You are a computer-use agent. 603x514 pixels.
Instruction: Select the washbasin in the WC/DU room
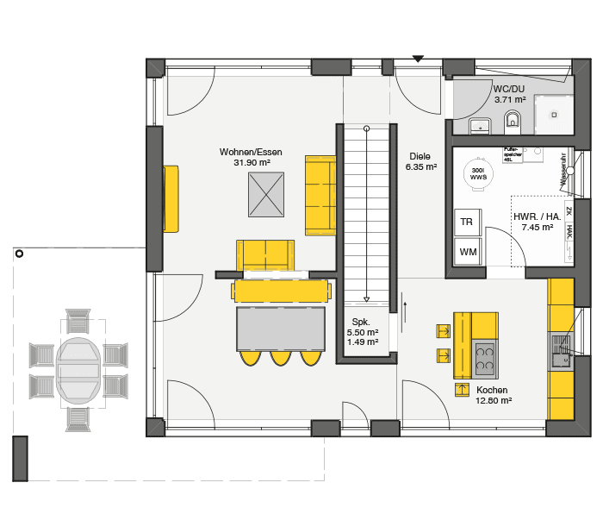(x=480, y=127)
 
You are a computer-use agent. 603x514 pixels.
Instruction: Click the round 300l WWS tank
(x=476, y=172)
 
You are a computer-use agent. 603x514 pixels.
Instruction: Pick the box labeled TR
(x=467, y=222)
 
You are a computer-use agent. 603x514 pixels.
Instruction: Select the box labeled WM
(x=467, y=252)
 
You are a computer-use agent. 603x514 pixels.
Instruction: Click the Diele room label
(x=420, y=157)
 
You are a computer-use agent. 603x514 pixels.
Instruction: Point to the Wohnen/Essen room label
(x=250, y=153)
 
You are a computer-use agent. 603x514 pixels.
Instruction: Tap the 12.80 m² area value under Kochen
(x=494, y=400)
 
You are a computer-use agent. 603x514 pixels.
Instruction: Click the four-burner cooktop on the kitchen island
(x=485, y=356)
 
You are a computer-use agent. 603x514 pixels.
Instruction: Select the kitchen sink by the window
(x=560, y=345)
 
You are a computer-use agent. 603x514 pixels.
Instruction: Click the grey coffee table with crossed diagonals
(x=265, y=195)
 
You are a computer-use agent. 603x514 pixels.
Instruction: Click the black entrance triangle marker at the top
(x=418, y=59)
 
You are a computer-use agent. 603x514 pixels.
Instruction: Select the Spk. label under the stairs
(x=357, y=321)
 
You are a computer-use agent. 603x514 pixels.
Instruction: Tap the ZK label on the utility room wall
(x=569, y=208)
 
